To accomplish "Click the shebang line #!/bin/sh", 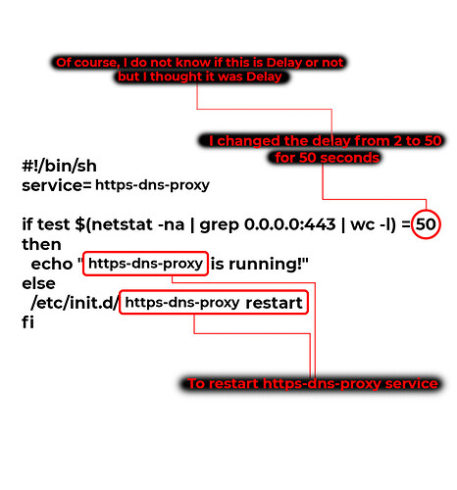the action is point(59,166).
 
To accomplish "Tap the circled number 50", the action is point(426,224).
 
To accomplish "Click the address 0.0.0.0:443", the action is point(290,224).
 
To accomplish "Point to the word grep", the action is point(219,225).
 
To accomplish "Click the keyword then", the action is point(41,244).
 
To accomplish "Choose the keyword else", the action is point(38,283).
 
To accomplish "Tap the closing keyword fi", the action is point(27,322).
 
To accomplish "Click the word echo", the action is point(52,264).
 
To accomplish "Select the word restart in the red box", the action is point(274,303).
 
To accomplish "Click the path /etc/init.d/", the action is point(76,303).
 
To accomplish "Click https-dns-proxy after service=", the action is point(152,185).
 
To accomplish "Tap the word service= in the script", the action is point(57,185).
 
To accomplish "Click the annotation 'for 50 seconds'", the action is point(327,158).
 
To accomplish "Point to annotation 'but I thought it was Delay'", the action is point(200,76).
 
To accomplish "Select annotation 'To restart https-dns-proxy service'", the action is point(313,384).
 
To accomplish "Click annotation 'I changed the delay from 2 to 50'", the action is point(326,141).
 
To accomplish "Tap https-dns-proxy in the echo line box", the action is point(145,264).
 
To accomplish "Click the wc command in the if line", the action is point(363,224).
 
